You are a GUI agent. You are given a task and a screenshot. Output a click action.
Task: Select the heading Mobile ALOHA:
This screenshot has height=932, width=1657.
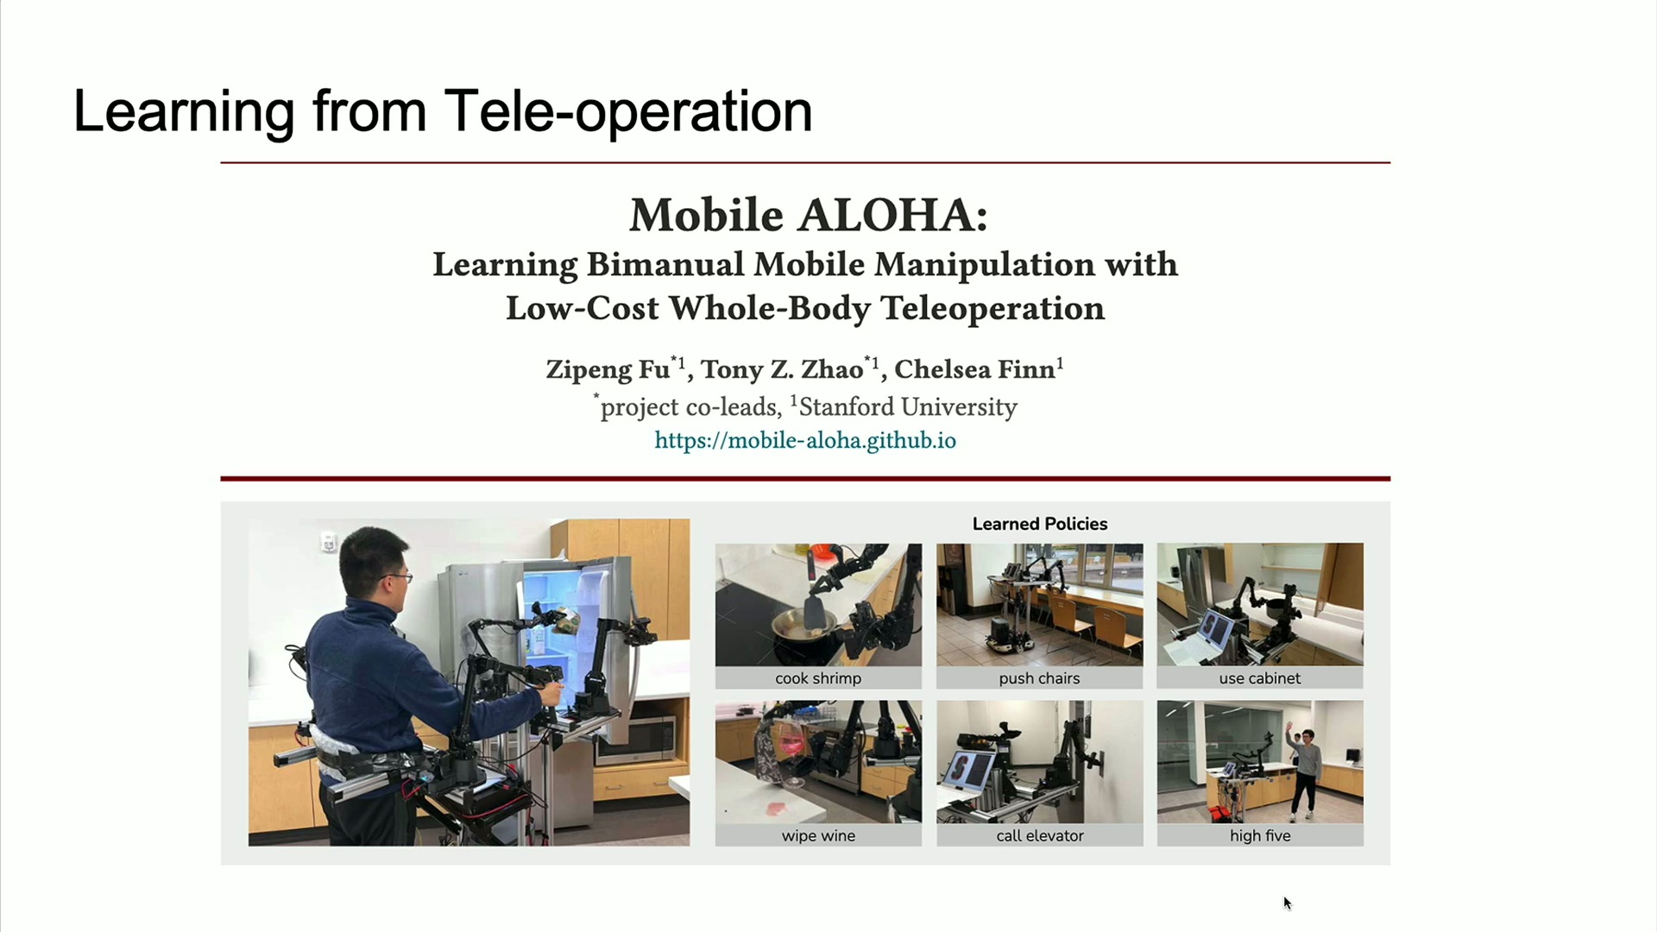(x=809, y=215)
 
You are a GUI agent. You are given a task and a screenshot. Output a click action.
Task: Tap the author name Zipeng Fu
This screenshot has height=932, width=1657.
(x=608, y=369)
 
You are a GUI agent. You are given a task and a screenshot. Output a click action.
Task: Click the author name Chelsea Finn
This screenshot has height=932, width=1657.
(x=975, y=369)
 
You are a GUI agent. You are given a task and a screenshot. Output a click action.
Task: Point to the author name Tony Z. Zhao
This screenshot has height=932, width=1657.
(x=782, y=369)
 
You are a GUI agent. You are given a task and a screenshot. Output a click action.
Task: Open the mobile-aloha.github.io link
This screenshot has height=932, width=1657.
(x=805, y=441)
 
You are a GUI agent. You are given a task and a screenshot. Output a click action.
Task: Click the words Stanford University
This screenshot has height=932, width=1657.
(x=908, y=406)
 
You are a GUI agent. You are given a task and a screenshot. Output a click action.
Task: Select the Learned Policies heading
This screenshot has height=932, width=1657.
(x=1040, y=524)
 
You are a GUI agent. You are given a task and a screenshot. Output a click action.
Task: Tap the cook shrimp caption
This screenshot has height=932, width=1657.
(x=818, y=678)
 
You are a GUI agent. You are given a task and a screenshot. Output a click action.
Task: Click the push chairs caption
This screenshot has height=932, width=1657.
(x=1039, y=678)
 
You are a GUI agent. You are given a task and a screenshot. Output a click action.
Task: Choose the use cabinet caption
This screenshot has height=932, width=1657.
(x=1260, y=678)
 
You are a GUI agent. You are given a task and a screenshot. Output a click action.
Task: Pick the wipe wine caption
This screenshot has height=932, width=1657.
(x=818, y=835)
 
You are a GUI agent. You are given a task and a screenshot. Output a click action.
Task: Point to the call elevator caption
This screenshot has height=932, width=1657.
(x=1040, y=835)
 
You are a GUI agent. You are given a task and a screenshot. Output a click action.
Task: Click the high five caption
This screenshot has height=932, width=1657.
(x=1260, y=835)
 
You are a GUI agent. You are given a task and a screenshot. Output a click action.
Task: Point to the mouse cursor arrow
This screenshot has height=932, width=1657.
(x=1287, y=903)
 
